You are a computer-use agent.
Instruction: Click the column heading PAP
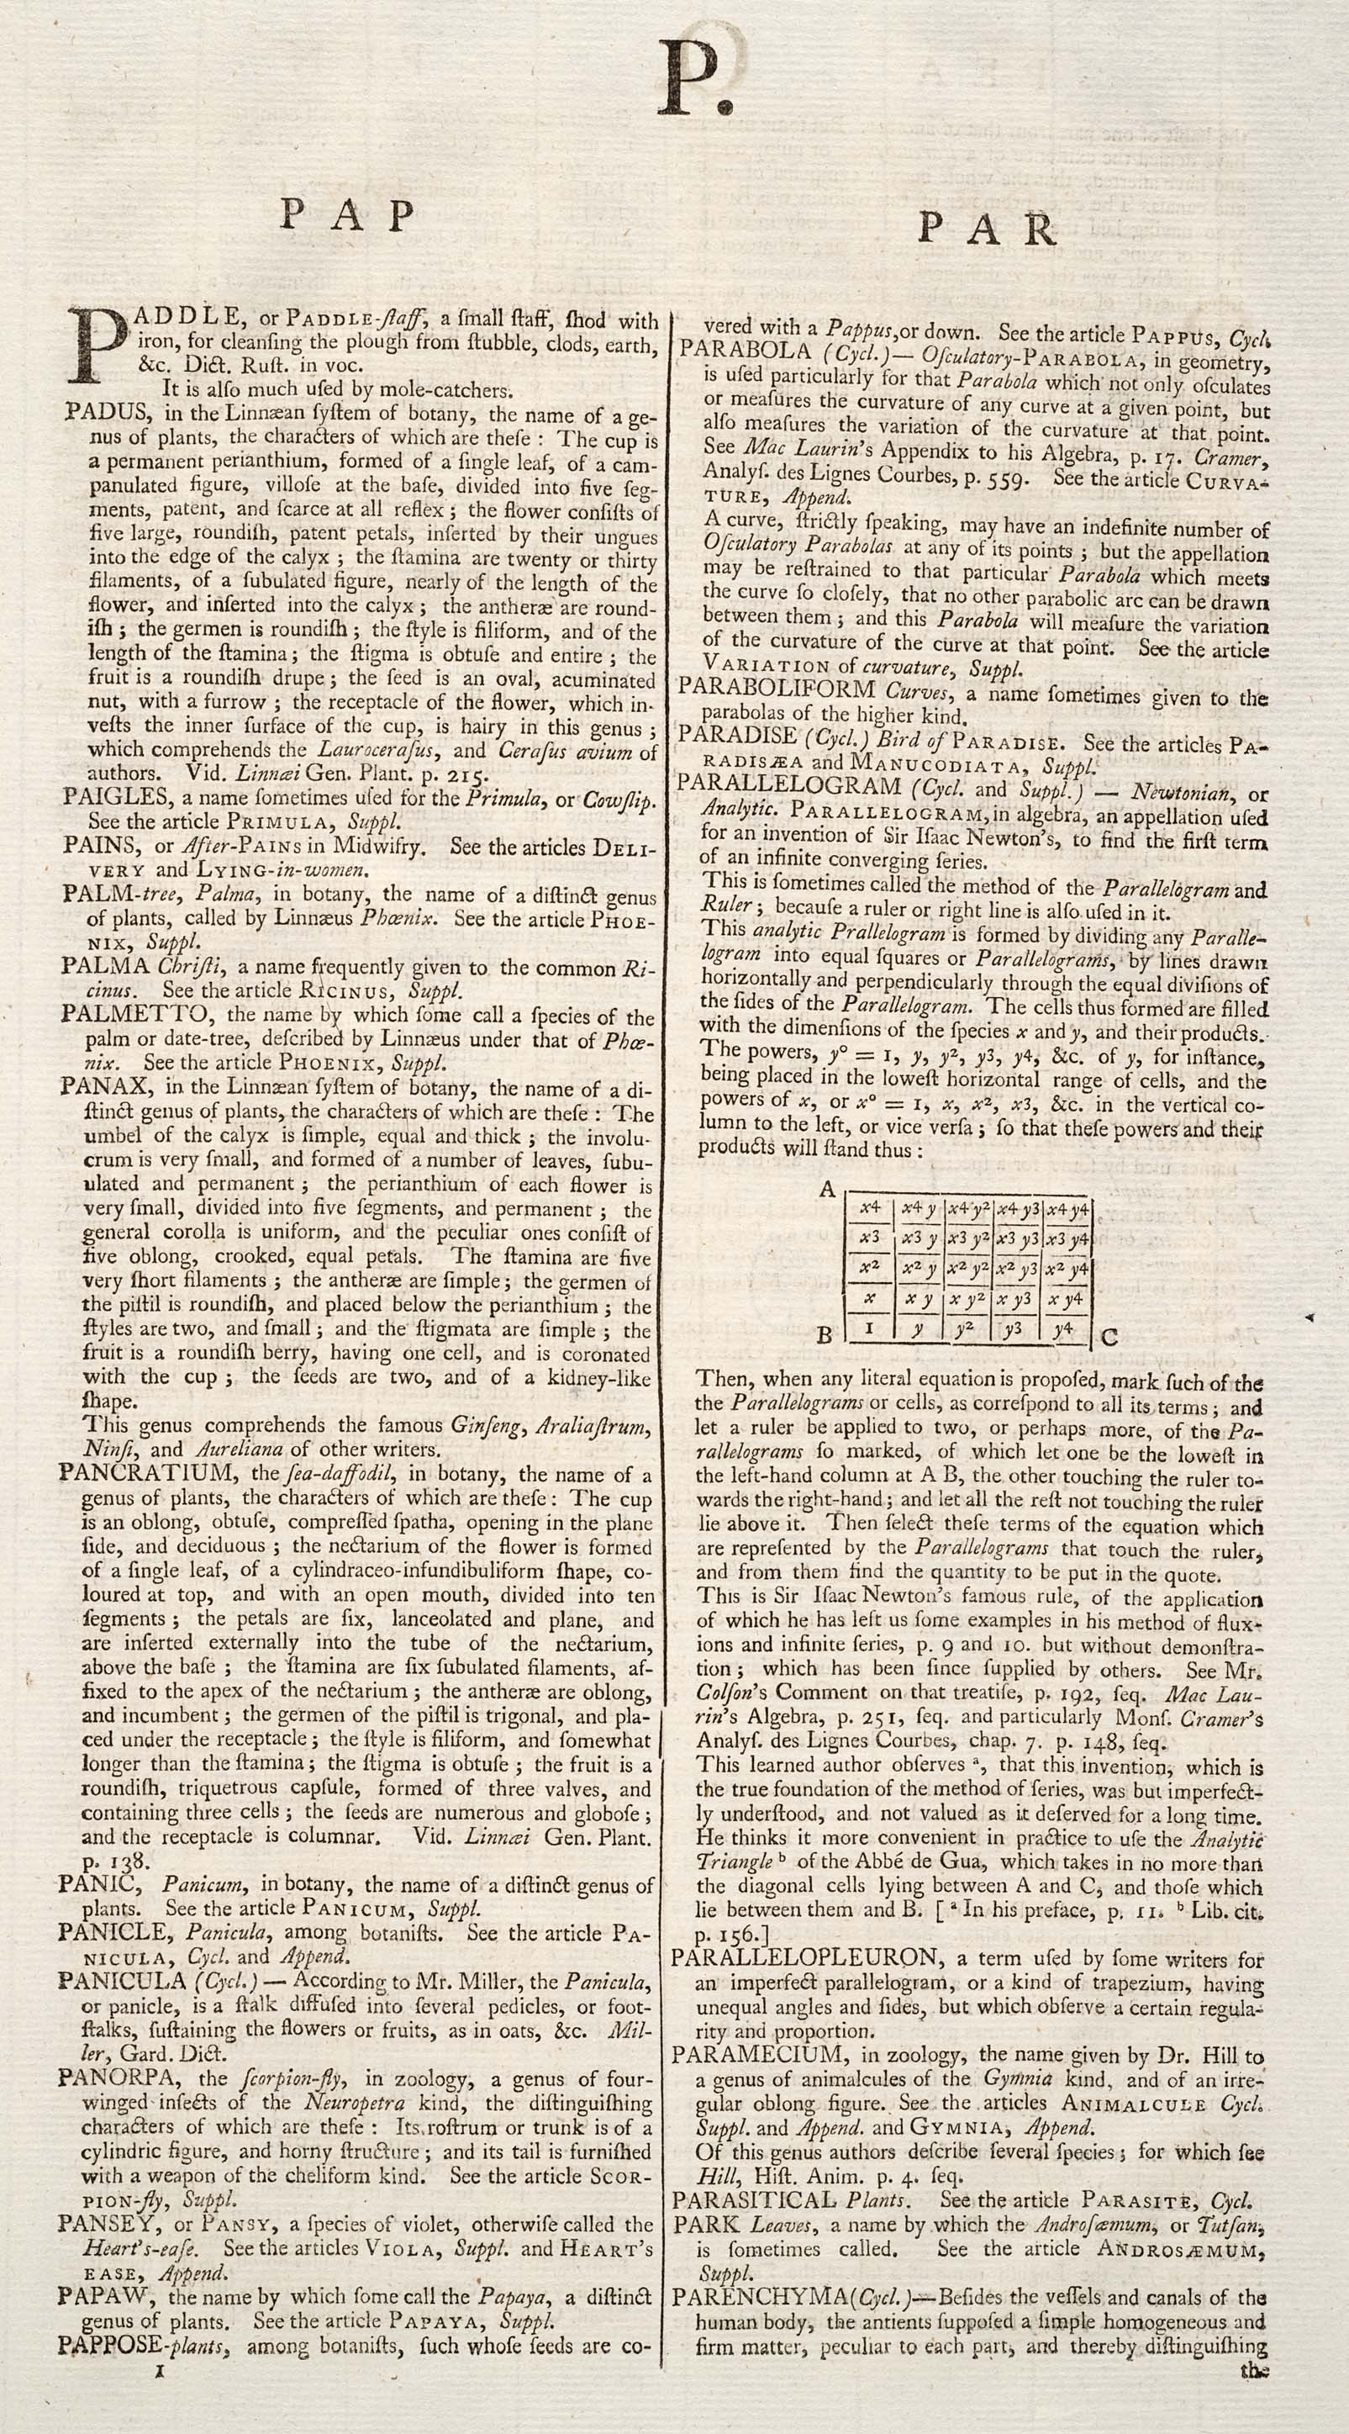pyautogui.click(x=349, y=216)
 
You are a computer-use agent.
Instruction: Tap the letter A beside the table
pyautogui.click(x=828, y=1190)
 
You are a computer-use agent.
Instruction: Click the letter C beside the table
pyautogui.click(x=1109, y=1337)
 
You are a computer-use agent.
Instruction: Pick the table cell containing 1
pyautogui.click(x=870, y=1328)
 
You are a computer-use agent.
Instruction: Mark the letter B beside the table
pyautogui.click(x=824, y=1335)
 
